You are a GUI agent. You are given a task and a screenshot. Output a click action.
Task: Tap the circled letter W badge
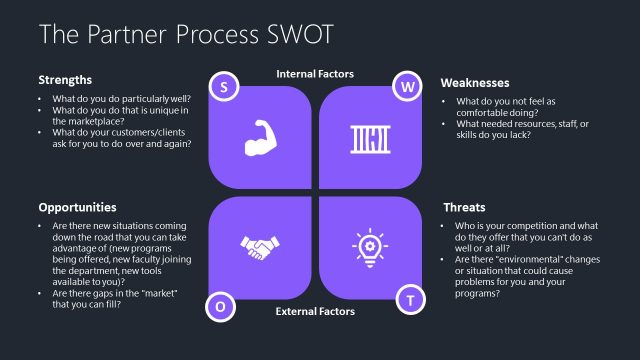(408, 87)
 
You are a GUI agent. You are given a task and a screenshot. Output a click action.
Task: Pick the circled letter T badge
(408, 299)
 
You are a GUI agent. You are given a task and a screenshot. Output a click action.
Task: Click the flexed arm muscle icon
(259, 139)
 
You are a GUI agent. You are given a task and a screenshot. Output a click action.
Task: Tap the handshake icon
(259, 245)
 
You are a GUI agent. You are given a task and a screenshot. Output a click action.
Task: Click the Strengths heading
(65, 80)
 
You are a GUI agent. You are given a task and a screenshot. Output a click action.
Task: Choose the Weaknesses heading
(476, 82)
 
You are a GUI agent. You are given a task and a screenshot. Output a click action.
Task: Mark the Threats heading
(464, 208)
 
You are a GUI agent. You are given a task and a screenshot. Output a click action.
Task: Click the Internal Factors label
(315, 74)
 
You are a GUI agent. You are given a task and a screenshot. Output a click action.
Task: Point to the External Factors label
(315, 312)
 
